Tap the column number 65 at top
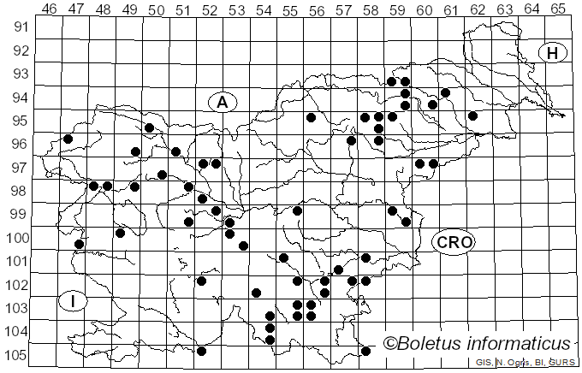click(x=558, y=10)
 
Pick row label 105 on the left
click(x=18, y=355)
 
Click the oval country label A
click(x=222, y=103)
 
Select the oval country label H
click(x=553, y=53)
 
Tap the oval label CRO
click(x=453, y=242)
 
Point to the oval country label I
click(x=74, y=300)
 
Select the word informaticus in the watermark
click(x=525, y=344)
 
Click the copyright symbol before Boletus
click(x=389, y=345)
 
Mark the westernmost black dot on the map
click(x=68, y=139)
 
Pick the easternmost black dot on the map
click(x=472, y=115)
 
